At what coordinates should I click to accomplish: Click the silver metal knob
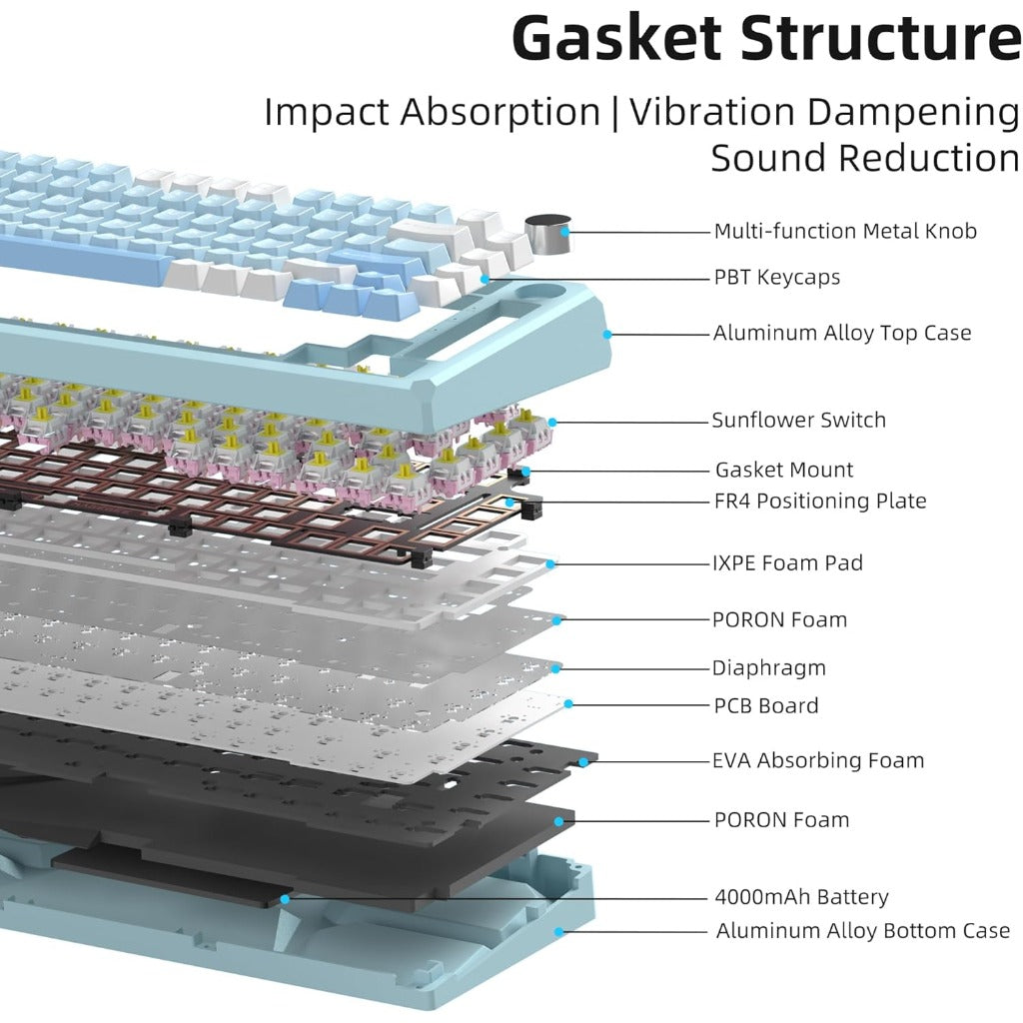(x=546, y=236)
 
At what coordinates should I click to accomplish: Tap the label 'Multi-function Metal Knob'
(x=845, y=231)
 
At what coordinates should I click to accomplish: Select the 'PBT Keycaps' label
(x=777, y=277)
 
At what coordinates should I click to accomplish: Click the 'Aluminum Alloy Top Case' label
(x=842, y=333)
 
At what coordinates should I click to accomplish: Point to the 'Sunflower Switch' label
(x=798, y=420)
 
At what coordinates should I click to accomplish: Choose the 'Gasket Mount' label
(x=784, y=470)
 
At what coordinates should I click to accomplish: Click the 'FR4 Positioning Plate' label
(x=820, y=501)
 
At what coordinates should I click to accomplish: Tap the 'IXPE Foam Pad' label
(x=787, y=562)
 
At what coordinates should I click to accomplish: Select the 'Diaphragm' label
(x=768, y=667)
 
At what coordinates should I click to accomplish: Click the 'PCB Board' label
(x=765, y=705)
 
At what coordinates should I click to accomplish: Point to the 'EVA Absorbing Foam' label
(x=818, y=760)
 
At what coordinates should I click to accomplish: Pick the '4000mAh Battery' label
(x=801, y=897)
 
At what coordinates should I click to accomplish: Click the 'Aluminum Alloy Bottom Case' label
(x=863, y=931)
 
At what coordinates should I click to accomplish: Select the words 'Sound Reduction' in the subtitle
(x=865, y=158)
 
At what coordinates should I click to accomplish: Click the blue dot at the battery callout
(x=286, y=899)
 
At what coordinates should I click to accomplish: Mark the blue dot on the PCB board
(x=567, y=704)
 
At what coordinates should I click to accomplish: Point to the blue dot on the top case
(x=605, y=336)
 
